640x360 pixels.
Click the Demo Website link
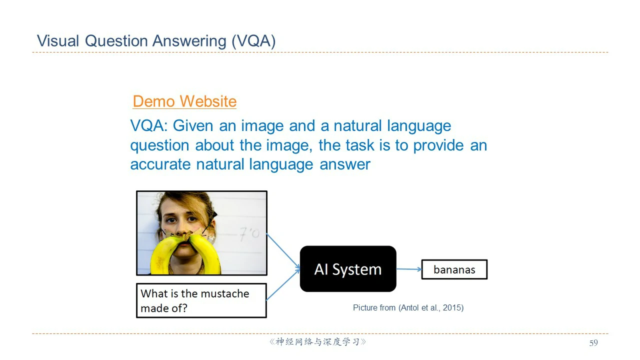(184, 101)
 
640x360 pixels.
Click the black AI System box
(348, 269)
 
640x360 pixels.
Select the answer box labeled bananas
(454, 269)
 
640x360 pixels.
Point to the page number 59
(593, 343)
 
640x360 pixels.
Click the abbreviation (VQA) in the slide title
(253, 41)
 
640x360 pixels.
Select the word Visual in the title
(58, 41)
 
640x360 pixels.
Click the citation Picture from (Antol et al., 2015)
(408, 307)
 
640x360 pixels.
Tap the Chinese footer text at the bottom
(317, 342)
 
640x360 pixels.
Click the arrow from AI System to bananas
(409, 269)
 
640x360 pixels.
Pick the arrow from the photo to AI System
(283, 251)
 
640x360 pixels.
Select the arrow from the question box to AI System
(283, 284)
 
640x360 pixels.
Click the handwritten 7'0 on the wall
(249, 233)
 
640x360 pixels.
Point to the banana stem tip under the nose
(187, 236)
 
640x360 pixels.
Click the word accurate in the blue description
(160, 165)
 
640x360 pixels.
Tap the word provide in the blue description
(438, 145)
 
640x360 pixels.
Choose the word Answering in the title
(189, 41)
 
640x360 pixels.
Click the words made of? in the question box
(164, 308)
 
